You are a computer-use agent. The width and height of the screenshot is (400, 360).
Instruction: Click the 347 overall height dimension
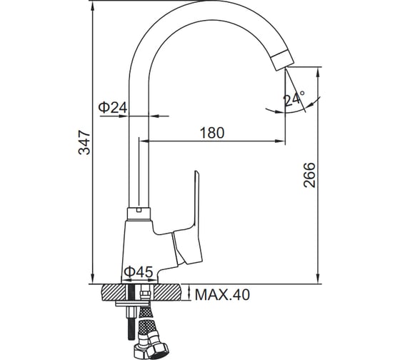coord(84,143)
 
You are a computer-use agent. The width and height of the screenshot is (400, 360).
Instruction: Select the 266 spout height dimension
coord(309,175)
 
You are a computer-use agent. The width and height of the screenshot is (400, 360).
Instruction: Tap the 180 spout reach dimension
coord(212,133)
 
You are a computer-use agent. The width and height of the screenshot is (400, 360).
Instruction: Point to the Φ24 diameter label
coord(113,107)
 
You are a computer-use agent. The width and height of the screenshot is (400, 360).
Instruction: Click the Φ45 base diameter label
coord(139,271)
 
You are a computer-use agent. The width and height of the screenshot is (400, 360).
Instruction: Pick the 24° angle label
coord(294,99)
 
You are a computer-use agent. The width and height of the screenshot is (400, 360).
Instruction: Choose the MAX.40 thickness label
coord(222,295)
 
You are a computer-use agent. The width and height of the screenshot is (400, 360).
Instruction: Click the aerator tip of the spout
coord(282,60)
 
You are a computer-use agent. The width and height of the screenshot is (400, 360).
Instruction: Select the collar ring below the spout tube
coord(139,214)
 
